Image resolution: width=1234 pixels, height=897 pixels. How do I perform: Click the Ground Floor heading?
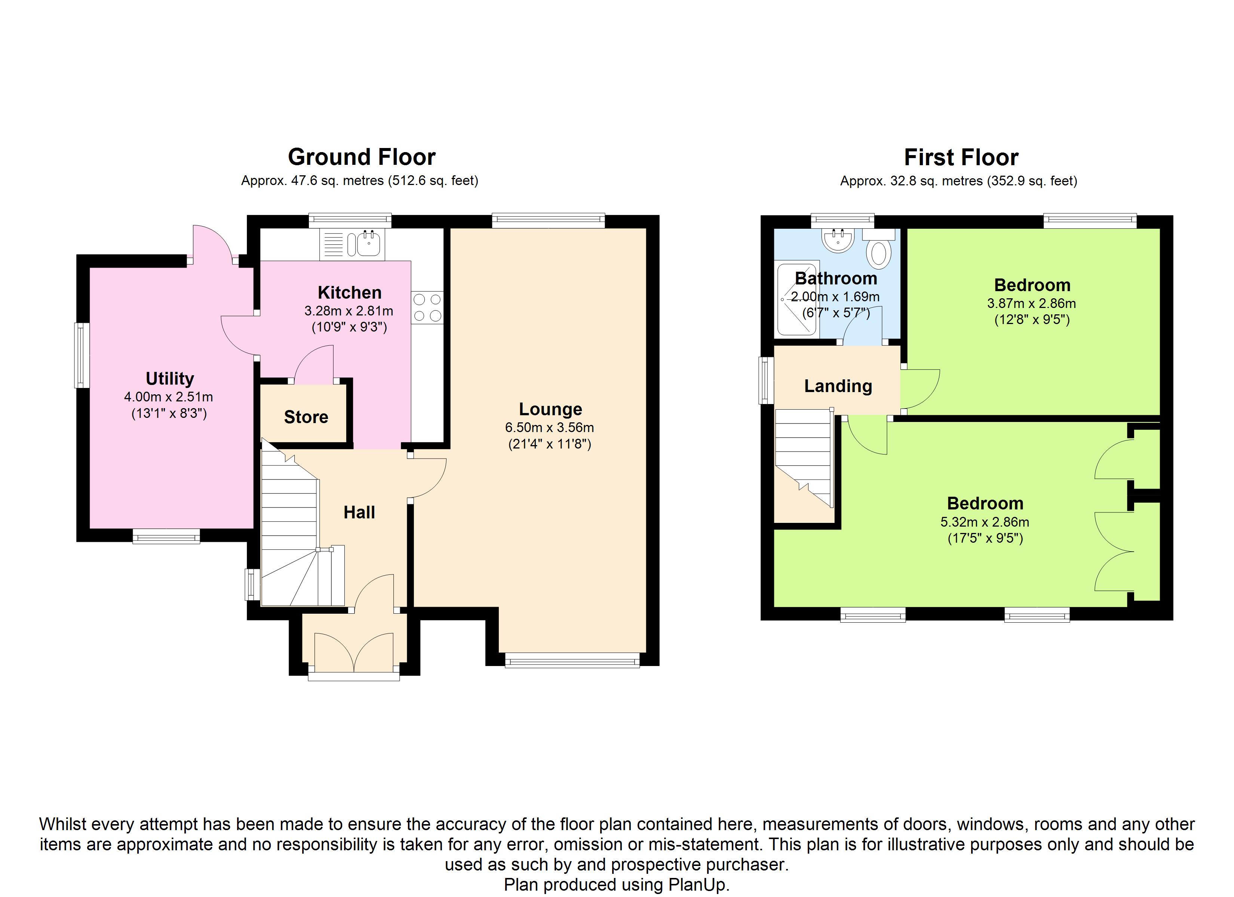362,157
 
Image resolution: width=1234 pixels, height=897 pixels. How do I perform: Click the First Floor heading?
961,158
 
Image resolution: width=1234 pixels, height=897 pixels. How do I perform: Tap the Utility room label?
170,379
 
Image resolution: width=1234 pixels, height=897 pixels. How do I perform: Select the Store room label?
306,417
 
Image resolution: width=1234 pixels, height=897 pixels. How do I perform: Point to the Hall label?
359,512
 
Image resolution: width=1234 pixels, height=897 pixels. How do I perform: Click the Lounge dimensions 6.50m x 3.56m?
550,428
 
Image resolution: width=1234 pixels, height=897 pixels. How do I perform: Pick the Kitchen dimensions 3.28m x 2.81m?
349,311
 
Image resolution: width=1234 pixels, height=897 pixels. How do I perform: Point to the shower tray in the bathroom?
796,299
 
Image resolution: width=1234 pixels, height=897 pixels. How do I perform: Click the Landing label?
838,386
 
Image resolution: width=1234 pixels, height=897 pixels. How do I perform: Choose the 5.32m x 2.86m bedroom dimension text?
985,522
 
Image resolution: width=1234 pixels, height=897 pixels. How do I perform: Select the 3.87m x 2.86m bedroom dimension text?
1032,303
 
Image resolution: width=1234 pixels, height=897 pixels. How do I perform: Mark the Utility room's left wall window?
82,355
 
